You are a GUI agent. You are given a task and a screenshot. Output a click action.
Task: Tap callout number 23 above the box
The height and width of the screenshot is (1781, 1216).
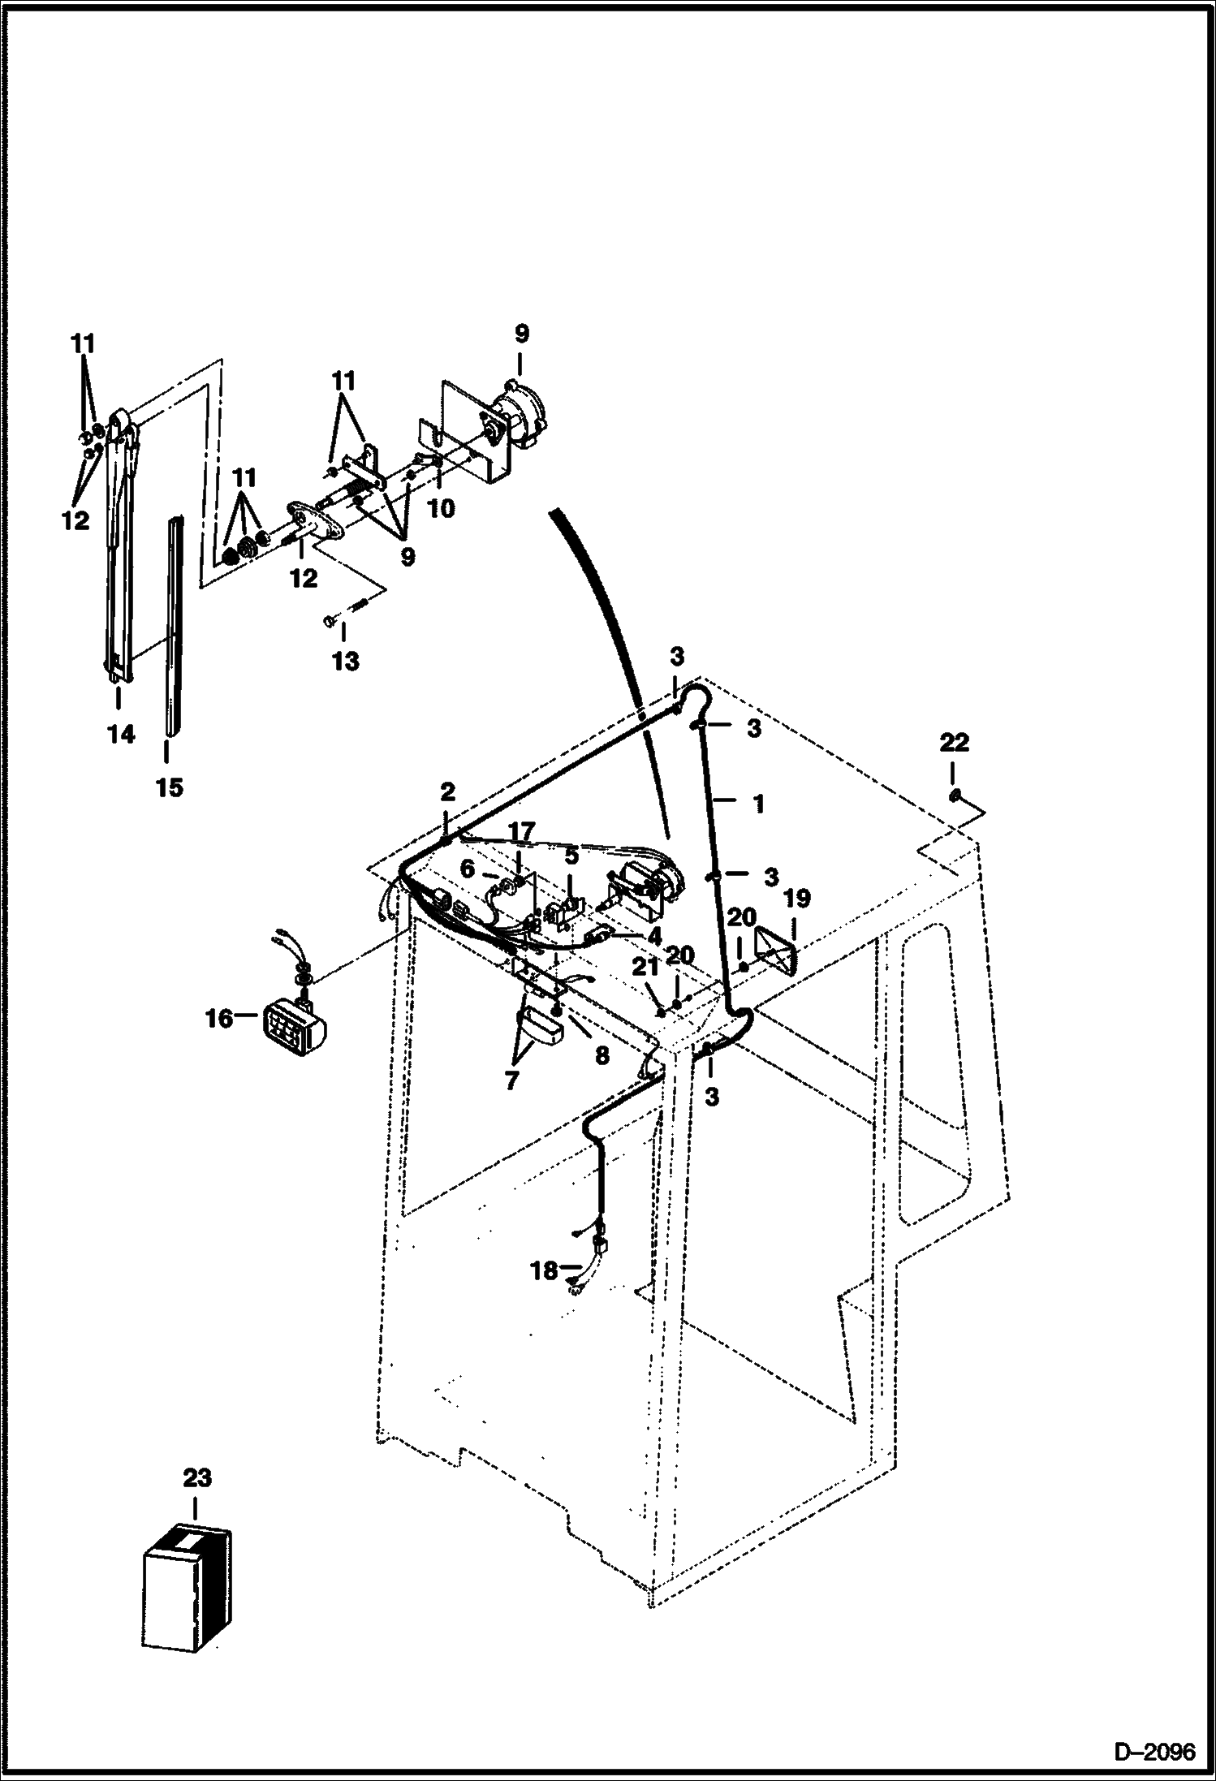(196, 1478)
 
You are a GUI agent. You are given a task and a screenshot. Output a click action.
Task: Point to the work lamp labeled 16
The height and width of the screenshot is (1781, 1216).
(294, 1024)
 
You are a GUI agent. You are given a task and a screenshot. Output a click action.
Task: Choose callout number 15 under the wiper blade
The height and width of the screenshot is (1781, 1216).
(170, 787)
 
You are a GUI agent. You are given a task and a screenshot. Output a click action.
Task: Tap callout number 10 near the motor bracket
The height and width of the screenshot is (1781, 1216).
(442, 508)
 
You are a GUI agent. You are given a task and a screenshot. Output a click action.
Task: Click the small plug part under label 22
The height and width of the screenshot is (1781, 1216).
(955, 794)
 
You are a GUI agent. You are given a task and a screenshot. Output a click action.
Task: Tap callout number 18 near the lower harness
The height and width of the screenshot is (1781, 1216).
(544, 1270)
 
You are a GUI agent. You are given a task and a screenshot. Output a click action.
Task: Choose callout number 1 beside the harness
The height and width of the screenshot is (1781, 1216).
(758, 804)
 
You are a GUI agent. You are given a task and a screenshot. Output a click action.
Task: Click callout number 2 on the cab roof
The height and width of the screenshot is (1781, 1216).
(447, 791)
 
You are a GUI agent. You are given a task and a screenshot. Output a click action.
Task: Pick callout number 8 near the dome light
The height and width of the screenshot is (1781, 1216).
(602, 1055)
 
